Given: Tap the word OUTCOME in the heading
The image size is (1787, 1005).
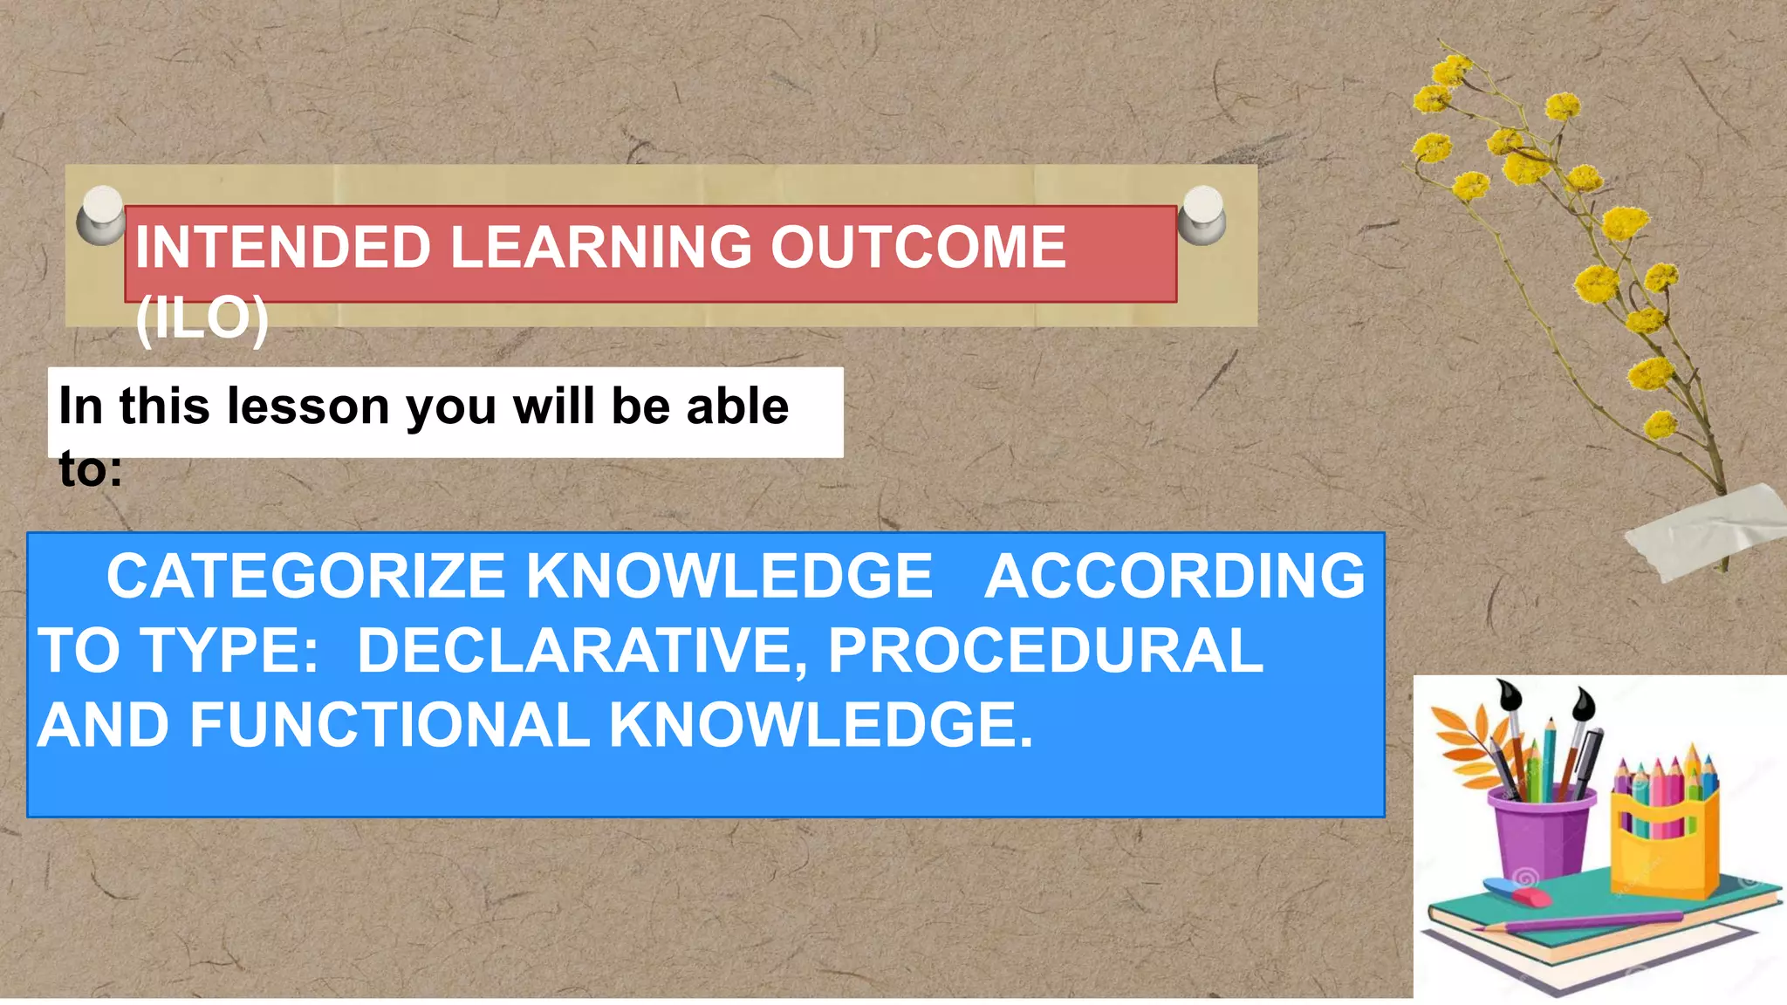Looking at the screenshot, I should coord(918,247).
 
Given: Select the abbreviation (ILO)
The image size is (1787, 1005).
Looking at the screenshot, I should coord(202,318).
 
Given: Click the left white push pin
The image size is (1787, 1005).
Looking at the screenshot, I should coord(102,214).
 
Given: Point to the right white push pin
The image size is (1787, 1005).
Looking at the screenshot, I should coord(1202,214).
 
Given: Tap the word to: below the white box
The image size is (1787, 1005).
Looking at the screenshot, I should coord(91,469).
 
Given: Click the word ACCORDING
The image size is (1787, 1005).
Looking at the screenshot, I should coord(1174,577).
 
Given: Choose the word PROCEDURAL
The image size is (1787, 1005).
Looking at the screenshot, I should coord(1045,651).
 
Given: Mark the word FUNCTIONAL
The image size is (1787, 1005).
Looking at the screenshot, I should coord(389,725).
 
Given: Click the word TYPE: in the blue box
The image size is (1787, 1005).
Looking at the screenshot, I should coord(230,651).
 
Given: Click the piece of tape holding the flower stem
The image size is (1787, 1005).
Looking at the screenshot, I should coord(1706,530).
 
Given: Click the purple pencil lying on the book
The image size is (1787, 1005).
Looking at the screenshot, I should coord(1584,921).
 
